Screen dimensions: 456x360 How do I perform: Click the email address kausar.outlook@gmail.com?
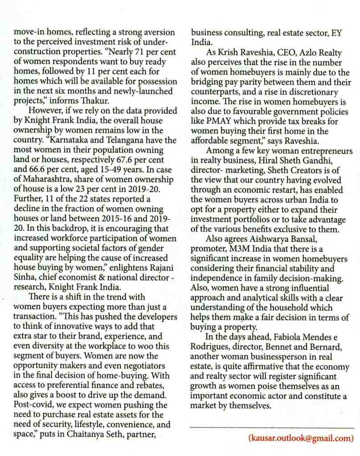[x=300, y=438]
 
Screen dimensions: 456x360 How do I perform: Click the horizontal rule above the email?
[x=271, y=427]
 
